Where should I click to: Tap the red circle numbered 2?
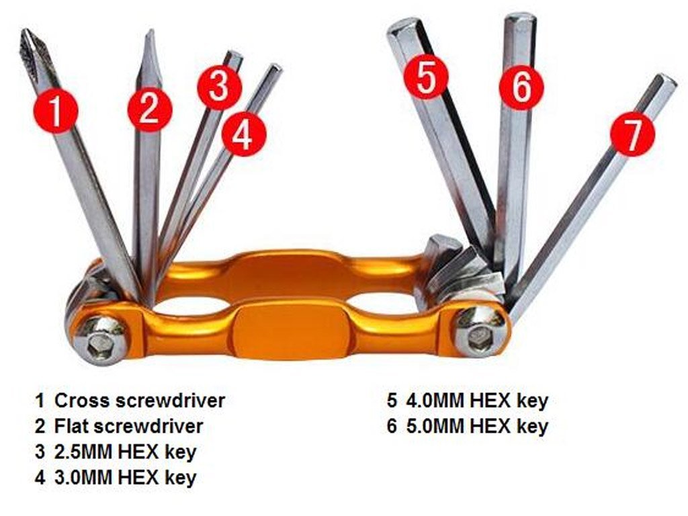150,108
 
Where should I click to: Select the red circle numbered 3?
219,87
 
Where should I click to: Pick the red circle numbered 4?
243,134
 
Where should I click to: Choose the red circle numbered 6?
521,87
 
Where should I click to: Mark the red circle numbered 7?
632,133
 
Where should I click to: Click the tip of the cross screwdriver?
24,31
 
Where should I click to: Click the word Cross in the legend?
81,400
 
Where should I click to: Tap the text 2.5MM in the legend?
83,452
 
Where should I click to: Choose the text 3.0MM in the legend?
83,478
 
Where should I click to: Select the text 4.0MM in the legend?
435,400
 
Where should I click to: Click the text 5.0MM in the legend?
435,426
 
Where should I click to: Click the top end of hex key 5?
403,24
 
